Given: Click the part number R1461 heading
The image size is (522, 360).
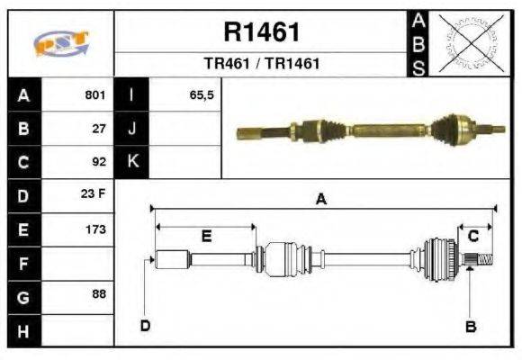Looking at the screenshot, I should (261, 33).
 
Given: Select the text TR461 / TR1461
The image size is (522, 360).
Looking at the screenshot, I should (261, 65).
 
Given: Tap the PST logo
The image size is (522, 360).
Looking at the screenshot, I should (60, 44).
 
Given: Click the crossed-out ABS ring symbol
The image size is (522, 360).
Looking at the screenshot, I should (467, 43).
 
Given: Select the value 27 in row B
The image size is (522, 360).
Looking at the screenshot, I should (100, 129).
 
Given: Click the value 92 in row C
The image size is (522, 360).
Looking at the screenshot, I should (100, 162).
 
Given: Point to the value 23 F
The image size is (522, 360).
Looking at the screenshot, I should (95, 195).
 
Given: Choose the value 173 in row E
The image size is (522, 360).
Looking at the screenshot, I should (96, 229).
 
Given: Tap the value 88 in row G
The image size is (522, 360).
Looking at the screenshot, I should (100, 294).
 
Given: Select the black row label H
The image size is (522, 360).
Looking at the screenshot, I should (24, 330).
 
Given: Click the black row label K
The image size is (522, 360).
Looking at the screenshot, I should (132, 162).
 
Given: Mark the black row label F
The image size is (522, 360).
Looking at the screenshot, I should (24, 263).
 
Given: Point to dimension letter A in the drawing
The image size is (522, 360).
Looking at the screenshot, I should (321, 201).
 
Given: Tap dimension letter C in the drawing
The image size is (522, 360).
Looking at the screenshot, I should (473, 236).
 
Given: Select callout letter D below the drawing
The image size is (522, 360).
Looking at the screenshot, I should (145, 325).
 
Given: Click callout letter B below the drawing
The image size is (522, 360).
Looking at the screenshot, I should (470, 327).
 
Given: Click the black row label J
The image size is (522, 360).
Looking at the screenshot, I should (132, 129).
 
